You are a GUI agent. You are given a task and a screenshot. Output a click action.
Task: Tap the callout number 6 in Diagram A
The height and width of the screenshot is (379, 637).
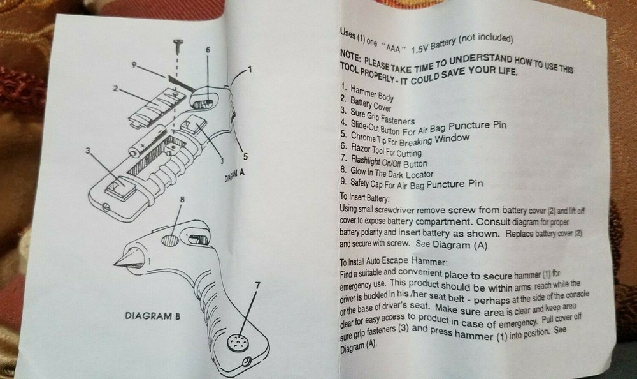coord(208,49)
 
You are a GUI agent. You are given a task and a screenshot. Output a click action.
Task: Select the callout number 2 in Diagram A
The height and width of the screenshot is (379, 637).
coord(116,89)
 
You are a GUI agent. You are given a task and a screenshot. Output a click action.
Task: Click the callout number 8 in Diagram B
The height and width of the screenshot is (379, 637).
coord(183,200)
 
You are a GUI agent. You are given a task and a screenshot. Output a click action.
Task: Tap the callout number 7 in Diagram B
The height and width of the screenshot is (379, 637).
coord(257,286)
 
